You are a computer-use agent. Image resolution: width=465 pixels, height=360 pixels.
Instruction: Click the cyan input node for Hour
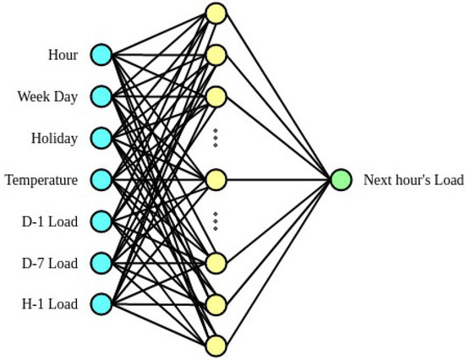point(101,56)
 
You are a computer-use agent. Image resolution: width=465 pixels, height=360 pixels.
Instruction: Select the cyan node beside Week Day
point(101,96)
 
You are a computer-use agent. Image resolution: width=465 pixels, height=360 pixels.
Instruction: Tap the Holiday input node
point(101,138)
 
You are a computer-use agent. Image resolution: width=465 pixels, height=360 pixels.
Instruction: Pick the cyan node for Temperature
point(101,180)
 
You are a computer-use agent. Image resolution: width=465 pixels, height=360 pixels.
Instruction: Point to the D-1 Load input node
point(101,221)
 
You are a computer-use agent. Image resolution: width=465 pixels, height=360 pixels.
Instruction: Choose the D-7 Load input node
point(101,263)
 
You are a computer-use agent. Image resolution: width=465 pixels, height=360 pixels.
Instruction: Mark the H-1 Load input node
point(101,303)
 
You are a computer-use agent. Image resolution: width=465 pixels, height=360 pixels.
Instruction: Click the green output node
point(341,180)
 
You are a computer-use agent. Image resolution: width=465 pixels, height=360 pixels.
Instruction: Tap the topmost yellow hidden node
point(216,14)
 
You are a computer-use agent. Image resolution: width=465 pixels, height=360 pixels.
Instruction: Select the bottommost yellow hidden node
point(216,345)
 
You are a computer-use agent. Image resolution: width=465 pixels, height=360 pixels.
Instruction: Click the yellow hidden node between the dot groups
point(216,180)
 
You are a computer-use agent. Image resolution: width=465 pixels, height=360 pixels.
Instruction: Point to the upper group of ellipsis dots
point(216,138)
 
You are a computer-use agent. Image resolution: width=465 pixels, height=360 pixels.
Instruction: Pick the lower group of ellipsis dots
point(216,221)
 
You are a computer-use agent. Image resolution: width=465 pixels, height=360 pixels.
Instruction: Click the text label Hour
point(63,56)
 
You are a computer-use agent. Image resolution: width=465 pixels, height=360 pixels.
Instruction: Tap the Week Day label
point(47,96)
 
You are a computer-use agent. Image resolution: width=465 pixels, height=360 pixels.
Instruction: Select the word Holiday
point(54,138)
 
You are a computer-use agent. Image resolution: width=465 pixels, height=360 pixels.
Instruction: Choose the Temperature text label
point(41,180)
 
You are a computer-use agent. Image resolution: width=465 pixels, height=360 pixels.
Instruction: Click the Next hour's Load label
point(413,180)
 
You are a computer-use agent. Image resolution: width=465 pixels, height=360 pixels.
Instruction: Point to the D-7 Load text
point(50,263)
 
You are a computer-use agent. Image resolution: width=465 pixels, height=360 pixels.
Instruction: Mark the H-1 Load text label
point(50,303)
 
